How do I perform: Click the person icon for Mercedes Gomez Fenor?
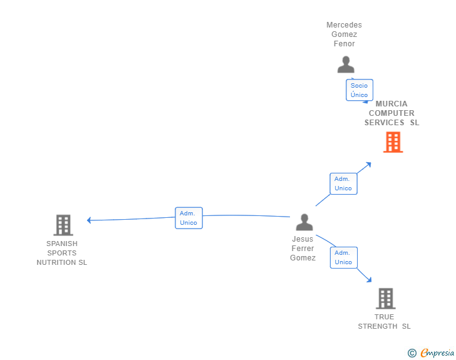click(346, 64)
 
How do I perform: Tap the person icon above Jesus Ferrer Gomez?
click(304, 222)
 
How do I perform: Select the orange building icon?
click(393, 142)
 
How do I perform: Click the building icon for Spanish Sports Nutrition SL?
click(63, 225)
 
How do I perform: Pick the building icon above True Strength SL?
click(386, 299)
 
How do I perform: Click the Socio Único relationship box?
click(360, 90)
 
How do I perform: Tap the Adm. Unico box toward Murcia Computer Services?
click(343, 183)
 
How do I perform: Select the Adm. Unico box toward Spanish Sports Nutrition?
click(189, 218)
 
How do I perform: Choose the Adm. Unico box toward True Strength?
click(344, 258)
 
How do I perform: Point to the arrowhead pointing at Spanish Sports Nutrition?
click(89, 220)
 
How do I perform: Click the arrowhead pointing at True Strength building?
click(370, 280)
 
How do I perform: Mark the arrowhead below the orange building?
click(369, 165)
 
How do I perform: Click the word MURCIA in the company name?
click(391, 104)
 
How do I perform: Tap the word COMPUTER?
click(391, 113)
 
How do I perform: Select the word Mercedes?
click(344, 25)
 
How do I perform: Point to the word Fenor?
click(344, 44)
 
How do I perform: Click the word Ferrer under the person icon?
click(303, 249)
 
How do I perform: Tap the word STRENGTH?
click(378, 326)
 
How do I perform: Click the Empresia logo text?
click(437, 352)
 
